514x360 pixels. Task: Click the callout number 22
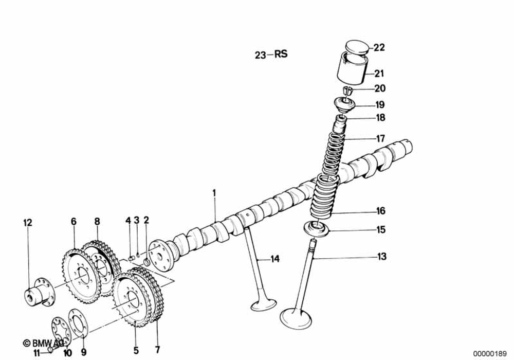click(379, 48)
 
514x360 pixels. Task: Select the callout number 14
click(276, 259)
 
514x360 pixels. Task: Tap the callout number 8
click(97, 222)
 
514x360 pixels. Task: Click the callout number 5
click(136, 351)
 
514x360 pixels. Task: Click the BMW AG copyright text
click(43, 343)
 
